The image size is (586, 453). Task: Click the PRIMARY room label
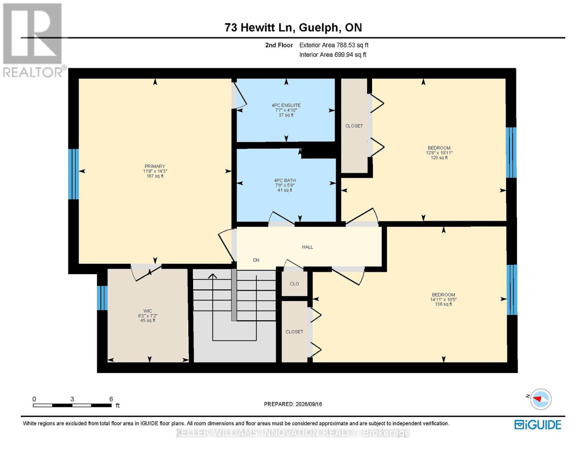tap(155, 166)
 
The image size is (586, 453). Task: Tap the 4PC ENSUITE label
tap(286, 105)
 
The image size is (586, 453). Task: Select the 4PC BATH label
tap(285, 180)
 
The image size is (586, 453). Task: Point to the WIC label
tap(148, 311)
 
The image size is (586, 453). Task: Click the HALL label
tap(308, 247)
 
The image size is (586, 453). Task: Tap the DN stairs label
tap(256, 260)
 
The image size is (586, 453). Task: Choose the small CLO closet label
tap(294, 284)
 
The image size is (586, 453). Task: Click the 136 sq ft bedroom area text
tap(443, 304)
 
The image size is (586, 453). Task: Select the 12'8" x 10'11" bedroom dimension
tap(439, 153)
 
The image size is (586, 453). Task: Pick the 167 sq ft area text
tap(155, 176)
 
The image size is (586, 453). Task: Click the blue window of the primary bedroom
tap(73, 174)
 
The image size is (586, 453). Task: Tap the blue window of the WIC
tap(102, 298)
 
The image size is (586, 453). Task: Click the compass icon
tap(541, 399)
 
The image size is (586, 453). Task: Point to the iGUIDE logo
tap(538, 425)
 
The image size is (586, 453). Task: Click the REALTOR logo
tap(34, 40)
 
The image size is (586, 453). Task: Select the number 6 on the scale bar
tap(111, 399)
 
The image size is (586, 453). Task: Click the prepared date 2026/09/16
tap(309, 404)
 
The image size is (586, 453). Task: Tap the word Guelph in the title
tap(318, 28)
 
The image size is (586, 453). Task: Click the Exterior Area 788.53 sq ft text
tap(334, 45)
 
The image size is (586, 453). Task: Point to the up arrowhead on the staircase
tap(212, 276)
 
